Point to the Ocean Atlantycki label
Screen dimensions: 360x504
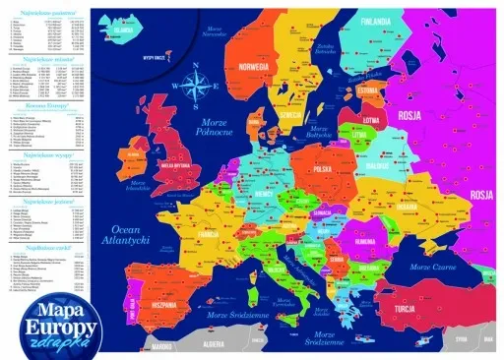pos(126,233)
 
